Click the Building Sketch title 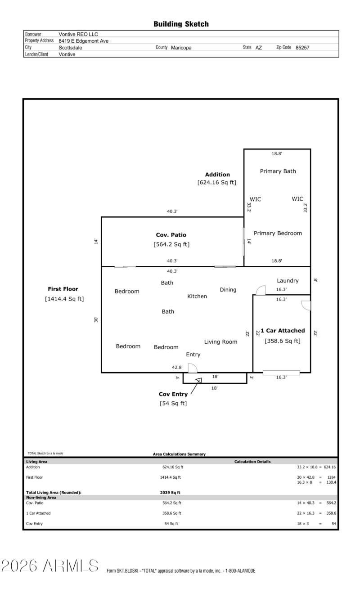[x=181, y=24]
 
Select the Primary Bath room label [x=278, y=171]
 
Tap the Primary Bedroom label [x=278, y=233]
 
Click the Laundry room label [x=288, y=281]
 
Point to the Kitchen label [x=197, y=296]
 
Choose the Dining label [x=228, y=289]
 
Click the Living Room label [x=220, y=342]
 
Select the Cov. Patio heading [x=171, y=235]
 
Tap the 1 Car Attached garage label [x=283, y=331]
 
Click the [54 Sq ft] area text [x=173, y=403]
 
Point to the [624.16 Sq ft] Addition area [x=217, y=183]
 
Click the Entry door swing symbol [x=192, y=368]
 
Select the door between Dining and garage [x=260, y=290]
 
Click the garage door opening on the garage [x=281, y=372]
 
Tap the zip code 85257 [x=302, y=48]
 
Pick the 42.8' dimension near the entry [x=177, y=368]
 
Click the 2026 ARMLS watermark [x=50, y=566]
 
